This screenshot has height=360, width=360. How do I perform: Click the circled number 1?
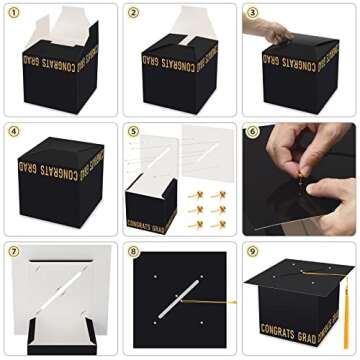pyautogui.click(x=14, y=13)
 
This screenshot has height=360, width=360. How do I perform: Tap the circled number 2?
pyautogui.click(x=133, y=13)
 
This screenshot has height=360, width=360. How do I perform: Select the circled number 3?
pyautogui.click(x=252, y=13)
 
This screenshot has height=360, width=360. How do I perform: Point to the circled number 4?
pyautogui.click(x=14, y=131)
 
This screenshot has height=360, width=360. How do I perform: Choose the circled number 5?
pyautogui.click(x=133, y=131)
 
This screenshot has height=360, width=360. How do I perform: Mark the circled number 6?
pyautogui.click(x=252, y=131)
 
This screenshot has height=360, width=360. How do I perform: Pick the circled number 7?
pyautogui.click(x=14, y=250)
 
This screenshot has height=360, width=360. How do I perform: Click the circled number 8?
pyautogui.click(x=133, y=250)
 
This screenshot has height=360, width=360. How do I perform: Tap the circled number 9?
pyautogui.click(x=252, y=250)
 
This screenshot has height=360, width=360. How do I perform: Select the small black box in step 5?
pyautogui.click(x=150, y=205)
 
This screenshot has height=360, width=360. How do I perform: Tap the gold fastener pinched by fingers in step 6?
pyautogui.click(x=297, y=180)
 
